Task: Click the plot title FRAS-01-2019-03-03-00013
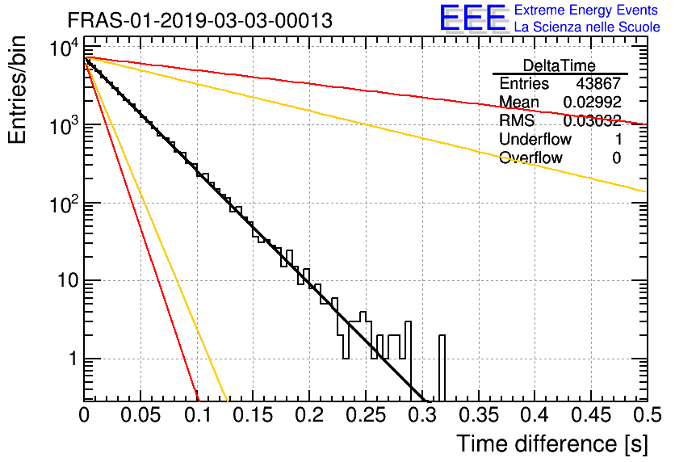(199, 20)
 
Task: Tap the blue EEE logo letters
(473, 18)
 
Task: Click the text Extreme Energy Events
(586, 10)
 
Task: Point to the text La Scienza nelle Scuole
(587, 27)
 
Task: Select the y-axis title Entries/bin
(17, 90)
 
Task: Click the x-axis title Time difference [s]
(552, 444)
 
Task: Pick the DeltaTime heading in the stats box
(559, 65)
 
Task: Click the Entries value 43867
(598, 83)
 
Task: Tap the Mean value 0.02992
(592, 102)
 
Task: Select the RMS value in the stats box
(592, 120)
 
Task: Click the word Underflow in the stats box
(535, 139)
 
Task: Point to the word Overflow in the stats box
(530, 157)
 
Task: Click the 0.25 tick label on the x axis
(366, 415)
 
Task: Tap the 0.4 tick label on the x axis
(535, 415)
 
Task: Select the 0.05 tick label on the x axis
(140, 415)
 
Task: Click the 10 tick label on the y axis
(68, 281)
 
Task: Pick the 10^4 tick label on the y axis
(65, 48)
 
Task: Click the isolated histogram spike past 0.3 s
(442, 367)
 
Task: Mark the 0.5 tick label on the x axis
(647, 415)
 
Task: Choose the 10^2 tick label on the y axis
(65, 204)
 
